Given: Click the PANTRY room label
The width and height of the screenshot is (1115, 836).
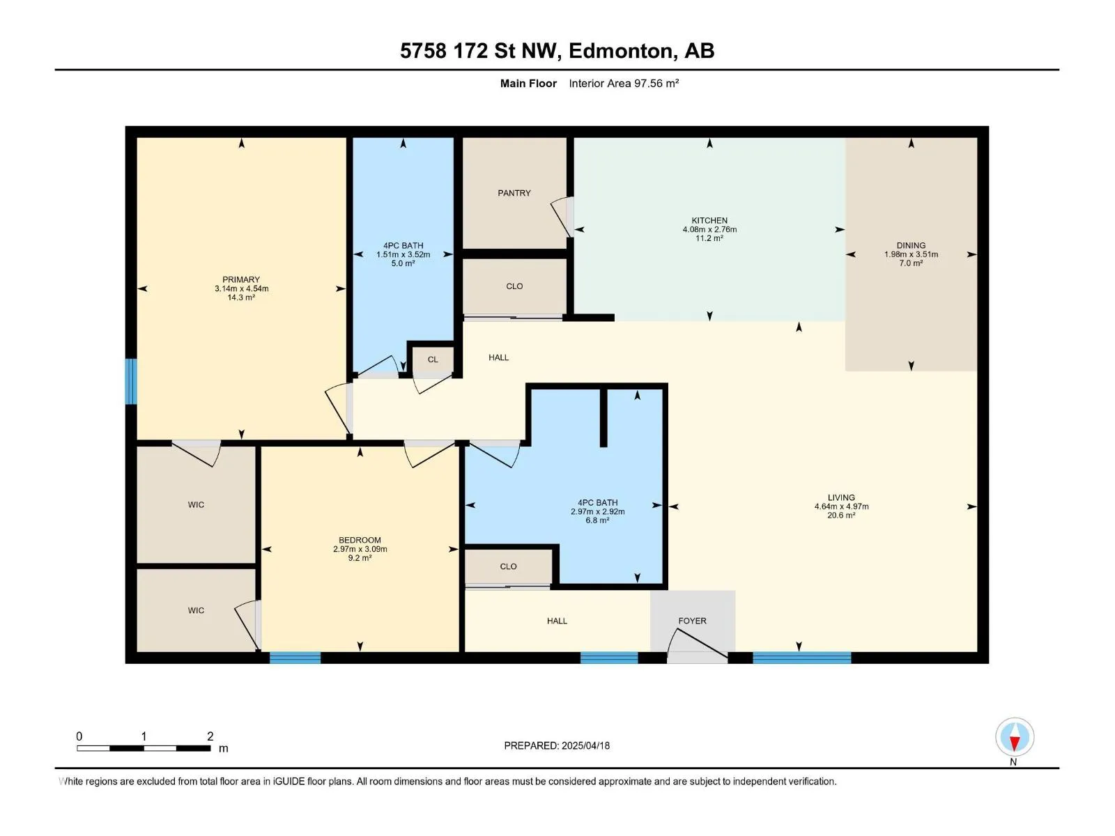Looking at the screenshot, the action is (514, 193).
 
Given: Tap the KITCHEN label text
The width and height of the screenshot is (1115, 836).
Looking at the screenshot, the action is (709, 220).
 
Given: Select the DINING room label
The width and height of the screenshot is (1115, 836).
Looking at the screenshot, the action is (911, 245).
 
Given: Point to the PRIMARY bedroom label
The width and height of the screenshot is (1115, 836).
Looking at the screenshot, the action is (241, 279).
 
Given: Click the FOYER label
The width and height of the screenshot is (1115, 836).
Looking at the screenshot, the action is (692, 621).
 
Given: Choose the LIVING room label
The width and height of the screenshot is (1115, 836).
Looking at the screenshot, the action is (841, 497).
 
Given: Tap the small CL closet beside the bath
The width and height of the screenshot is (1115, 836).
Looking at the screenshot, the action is (432, 359).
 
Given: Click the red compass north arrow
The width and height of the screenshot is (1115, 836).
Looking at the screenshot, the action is (1015, 743).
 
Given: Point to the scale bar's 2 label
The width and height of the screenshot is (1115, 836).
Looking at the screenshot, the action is (210, 736).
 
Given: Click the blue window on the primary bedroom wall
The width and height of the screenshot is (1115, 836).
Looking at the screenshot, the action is (131, 381).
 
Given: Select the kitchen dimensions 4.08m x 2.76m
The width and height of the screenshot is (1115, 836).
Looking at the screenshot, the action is (709, 229).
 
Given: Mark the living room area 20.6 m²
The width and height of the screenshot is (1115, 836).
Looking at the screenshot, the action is (841, 516).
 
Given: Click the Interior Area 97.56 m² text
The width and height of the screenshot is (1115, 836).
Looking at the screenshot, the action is (624, 83).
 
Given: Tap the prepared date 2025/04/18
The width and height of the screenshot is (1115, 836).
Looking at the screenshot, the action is (585, 745).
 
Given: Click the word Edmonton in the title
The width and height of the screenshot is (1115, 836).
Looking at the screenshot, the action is (623, 52).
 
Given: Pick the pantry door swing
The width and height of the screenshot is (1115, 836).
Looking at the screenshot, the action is (561, 216).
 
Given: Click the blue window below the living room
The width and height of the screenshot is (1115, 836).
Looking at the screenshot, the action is (801, 658).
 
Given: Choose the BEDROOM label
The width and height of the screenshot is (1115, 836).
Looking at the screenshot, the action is (360, 540).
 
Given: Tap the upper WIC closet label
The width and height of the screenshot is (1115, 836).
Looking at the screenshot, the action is (196, 504).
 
